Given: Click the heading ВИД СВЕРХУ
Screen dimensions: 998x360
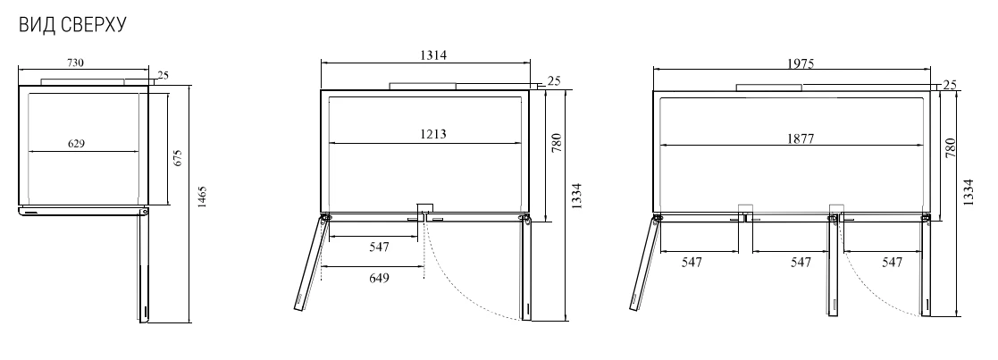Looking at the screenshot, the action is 72,25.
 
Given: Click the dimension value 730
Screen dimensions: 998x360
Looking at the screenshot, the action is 75,63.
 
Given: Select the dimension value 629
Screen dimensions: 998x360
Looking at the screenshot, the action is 76,144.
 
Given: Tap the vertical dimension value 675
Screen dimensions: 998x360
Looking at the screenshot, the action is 178,158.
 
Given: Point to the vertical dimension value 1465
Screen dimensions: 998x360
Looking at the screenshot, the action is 202,197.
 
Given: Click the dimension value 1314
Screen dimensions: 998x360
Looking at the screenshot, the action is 432,54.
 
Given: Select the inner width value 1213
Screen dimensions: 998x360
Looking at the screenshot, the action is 432,134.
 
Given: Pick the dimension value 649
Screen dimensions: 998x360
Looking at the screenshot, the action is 379,277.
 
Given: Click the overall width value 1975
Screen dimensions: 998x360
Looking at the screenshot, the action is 800,63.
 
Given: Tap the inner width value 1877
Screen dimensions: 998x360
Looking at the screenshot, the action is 800,138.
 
